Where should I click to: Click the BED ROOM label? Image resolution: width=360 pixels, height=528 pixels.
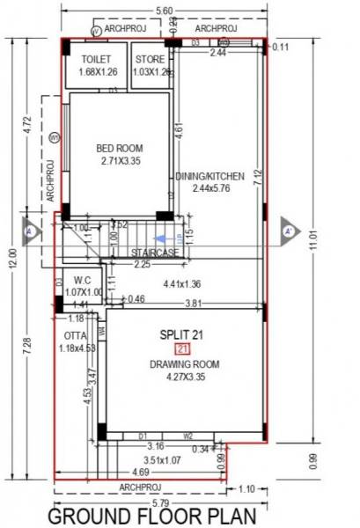pos(120,148)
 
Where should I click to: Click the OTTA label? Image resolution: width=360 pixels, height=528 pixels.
pos(75,335)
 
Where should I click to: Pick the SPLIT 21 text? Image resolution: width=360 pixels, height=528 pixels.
pos(181,334)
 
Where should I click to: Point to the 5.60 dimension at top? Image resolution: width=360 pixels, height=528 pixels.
pos(163,10)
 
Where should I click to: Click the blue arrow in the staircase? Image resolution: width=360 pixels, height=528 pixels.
pos(162,237)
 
